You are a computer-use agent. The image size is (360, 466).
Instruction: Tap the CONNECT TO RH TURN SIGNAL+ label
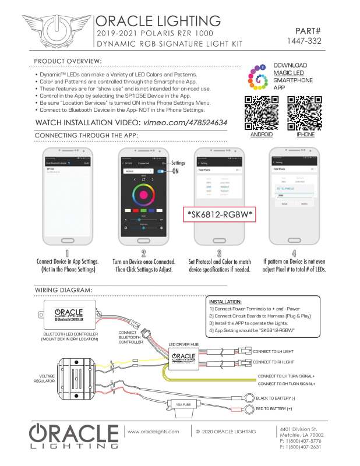(286, 384)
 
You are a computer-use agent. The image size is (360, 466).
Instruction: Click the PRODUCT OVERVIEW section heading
(68, 61)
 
